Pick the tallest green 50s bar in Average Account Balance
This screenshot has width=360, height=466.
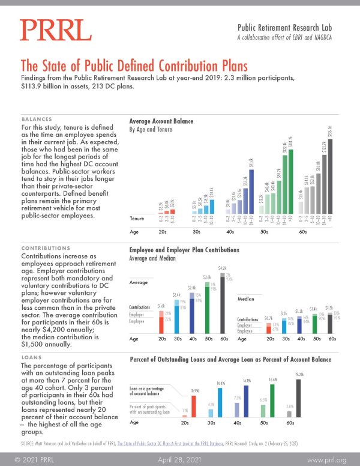click(292, 183)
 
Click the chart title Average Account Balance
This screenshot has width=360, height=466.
click(161, 121)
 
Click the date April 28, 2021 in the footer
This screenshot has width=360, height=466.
click(180, 458)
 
